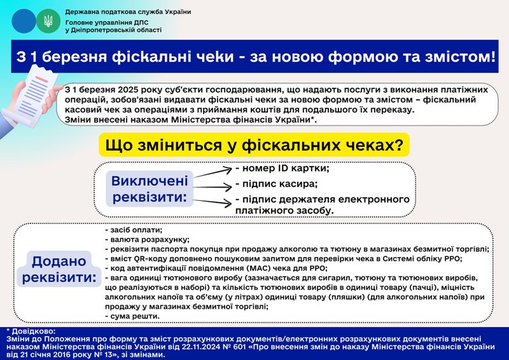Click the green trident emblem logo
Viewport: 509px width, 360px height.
tap(48, 21)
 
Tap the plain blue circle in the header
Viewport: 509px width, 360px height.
tap(24, 21)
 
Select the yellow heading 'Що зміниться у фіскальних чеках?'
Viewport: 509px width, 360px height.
tap(254, 145)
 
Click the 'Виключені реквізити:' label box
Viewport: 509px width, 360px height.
tap(150, 189)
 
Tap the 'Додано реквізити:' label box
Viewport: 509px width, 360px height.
tap(59, 269)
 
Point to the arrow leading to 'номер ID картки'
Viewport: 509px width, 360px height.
tap(213, 172)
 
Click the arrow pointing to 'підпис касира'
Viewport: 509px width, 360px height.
tap(213, 186)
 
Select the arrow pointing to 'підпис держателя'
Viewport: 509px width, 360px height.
tap(213, 202)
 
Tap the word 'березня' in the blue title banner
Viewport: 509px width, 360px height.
tap(74, 57)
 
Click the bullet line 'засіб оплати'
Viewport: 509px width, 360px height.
tap(134, 230)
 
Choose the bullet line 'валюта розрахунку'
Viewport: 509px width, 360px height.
tap(148, 240)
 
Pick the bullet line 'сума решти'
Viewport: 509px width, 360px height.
tap(132, 316)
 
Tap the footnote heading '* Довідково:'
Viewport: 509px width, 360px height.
tap(31, 331)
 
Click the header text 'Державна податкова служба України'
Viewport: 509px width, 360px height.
tap(128, 12)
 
